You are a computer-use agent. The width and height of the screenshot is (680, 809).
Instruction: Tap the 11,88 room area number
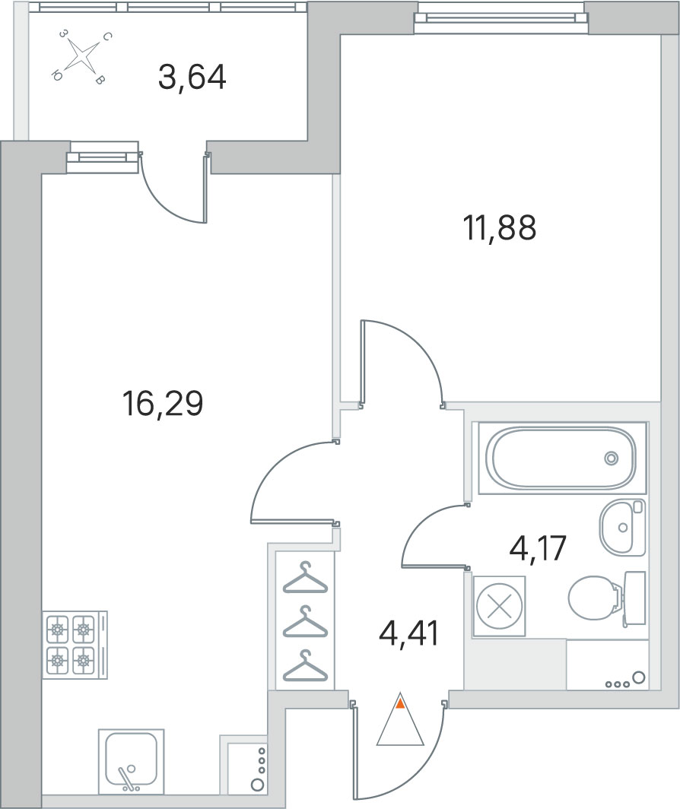pos(500,228)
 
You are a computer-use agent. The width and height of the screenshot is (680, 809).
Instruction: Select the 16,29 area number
pos(163,404)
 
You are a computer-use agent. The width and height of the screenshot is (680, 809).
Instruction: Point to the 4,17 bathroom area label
pos(538,548)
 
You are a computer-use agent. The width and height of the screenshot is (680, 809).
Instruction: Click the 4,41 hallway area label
pos(408,633)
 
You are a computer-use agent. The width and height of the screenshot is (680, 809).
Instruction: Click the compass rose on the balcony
pos(80,56)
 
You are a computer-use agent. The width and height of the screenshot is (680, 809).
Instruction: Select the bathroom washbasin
pos(622,528)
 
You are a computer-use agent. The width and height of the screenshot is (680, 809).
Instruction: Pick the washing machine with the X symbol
pos(499,607)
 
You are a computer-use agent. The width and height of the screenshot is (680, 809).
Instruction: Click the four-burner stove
pos(75,645)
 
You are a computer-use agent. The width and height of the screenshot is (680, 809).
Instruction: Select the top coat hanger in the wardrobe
pos(305,577)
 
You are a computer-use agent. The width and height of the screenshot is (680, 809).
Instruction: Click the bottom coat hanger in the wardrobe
pos(305,665)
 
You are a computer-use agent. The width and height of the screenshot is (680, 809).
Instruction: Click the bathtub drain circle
pos(612,458)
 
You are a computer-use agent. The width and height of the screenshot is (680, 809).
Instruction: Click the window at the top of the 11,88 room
pos(500,17)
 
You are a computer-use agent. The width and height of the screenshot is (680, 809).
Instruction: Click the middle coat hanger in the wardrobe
pos(305,621)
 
